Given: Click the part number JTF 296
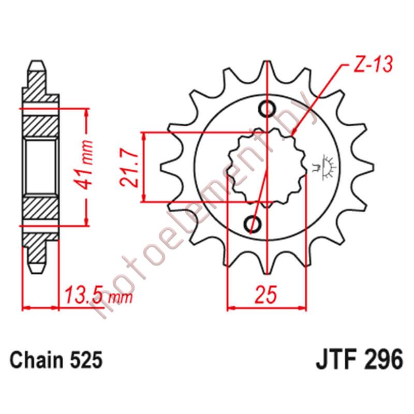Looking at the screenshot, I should coord(357,359).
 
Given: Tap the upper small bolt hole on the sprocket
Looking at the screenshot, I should coord(268,109).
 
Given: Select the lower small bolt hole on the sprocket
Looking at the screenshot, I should coord(254,224).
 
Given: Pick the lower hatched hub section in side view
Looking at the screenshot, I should coord(40,210).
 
